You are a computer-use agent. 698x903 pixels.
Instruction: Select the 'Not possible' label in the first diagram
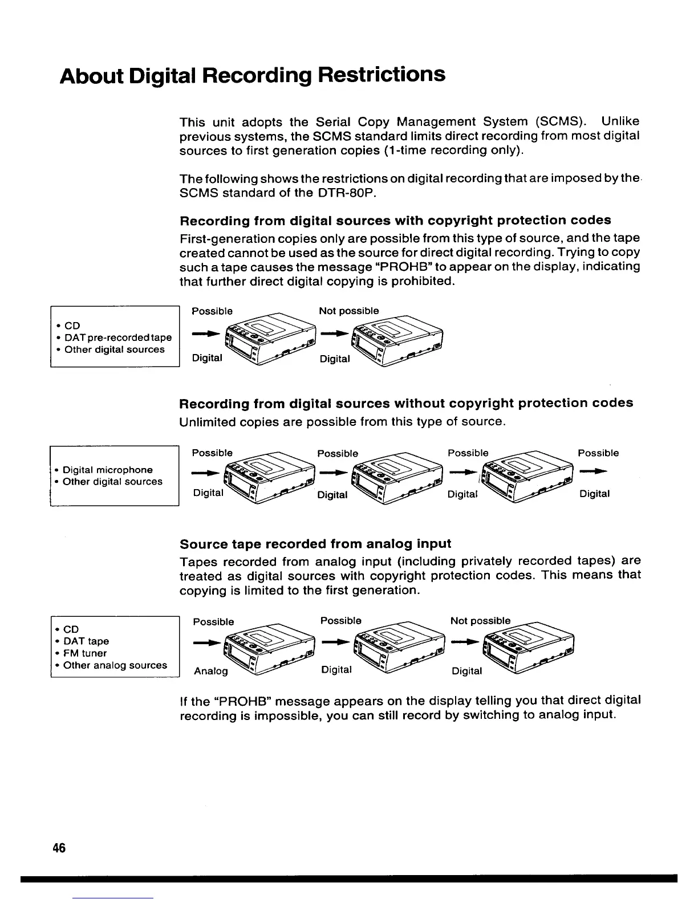tap(348, 311)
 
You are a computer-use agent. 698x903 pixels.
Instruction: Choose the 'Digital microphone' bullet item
tap(107, 470)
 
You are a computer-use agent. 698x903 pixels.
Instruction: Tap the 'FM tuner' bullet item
tap(85, 653)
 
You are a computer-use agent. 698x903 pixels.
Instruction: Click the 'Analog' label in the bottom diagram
tap(211, 671)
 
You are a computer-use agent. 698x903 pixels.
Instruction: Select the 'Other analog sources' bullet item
tap(115, 665)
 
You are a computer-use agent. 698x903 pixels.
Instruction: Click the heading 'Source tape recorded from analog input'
tap(315, 543)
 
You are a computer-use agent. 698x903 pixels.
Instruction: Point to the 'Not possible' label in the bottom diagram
tap(480, 620)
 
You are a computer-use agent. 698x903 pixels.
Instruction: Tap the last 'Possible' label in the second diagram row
tap(598, 453)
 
